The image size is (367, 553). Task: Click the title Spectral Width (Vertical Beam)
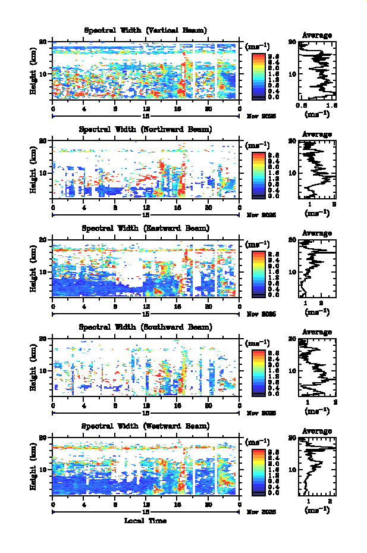[x=145, y=30]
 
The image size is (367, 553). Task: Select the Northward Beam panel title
[x=145, y=129]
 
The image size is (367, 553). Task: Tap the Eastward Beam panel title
[x=145, y=228]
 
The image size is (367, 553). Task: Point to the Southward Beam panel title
[x=145, y=327]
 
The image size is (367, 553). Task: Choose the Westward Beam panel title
[x=145, y=426]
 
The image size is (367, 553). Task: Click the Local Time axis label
[x=145, y=521]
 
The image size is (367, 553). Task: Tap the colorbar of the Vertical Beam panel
[x=258, y=75]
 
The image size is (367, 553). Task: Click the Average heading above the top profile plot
[x=316, y=35]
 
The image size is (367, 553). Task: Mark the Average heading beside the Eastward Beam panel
[x=316, y=233]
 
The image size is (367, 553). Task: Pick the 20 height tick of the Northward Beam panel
[x=43, y=141]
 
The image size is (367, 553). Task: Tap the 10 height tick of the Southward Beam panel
[x=43, y=370]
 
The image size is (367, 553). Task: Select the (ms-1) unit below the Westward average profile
[x=316, y=510]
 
